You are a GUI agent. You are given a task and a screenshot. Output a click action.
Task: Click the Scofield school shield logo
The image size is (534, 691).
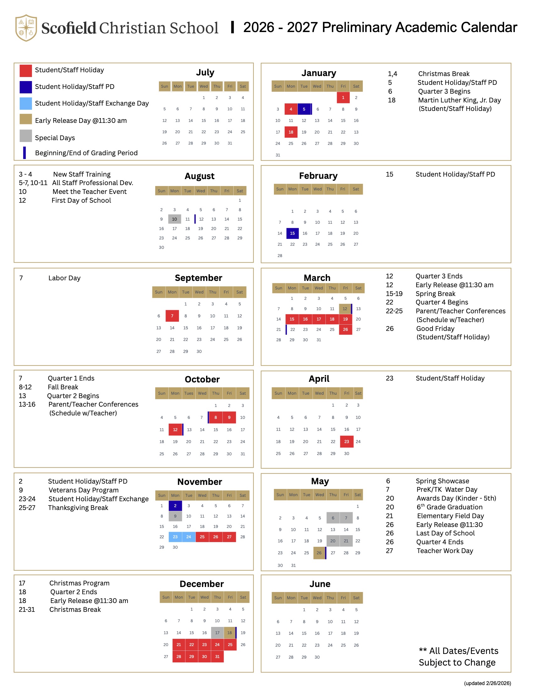tap(26, 28)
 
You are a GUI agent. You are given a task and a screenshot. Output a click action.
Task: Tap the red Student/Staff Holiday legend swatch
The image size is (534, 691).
tap(26, 71)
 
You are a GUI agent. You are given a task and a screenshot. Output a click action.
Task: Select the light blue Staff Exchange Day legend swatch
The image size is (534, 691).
tap(26, 103)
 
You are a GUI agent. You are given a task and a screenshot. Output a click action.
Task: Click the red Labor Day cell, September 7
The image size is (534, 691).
tap(172, 316)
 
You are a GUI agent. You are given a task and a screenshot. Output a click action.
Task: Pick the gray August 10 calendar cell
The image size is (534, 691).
tap(174, 219)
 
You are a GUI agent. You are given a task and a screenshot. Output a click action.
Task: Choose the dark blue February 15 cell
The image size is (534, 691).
tap(292, 233)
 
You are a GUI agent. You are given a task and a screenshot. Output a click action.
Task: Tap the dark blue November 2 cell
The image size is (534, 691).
tap(175, 506)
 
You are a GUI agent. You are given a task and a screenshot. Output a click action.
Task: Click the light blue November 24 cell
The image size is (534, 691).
tap(189, 537)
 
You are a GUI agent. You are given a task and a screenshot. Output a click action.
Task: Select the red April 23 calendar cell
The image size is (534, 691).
tap(346, 441)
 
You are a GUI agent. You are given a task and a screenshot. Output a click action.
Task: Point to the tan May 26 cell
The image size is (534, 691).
tap(319, 553)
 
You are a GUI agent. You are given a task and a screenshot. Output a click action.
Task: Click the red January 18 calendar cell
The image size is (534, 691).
tap(291, 132)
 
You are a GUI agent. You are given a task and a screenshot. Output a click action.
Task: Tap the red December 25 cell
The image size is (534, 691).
tap(230, 644)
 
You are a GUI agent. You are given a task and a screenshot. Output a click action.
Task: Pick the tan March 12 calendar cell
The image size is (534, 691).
tap(345, 309)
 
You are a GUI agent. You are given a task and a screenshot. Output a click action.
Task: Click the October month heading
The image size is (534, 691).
tap(202, 379)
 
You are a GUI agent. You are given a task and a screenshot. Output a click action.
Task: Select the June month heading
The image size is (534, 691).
tap(320, 584)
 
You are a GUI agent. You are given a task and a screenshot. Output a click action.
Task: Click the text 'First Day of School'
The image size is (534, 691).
tap(81, 200)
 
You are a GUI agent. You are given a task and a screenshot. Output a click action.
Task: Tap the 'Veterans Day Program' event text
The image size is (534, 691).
tap(84, 490)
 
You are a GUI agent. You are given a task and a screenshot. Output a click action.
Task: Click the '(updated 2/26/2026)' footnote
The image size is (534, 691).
tap(487, 683)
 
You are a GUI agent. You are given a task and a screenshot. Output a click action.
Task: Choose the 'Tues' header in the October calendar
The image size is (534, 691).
tap(189, 393)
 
